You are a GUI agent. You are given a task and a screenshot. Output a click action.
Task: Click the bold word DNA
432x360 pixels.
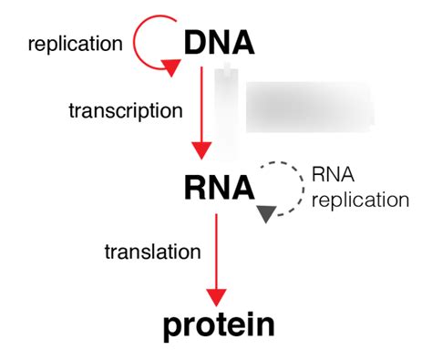point(219,43)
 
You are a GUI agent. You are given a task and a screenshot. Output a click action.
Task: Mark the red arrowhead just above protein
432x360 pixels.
point(216,296)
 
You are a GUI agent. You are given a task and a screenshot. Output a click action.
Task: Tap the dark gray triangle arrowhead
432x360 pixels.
point(266,214)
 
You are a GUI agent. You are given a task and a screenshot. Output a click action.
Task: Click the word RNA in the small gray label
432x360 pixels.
point(333,174)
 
